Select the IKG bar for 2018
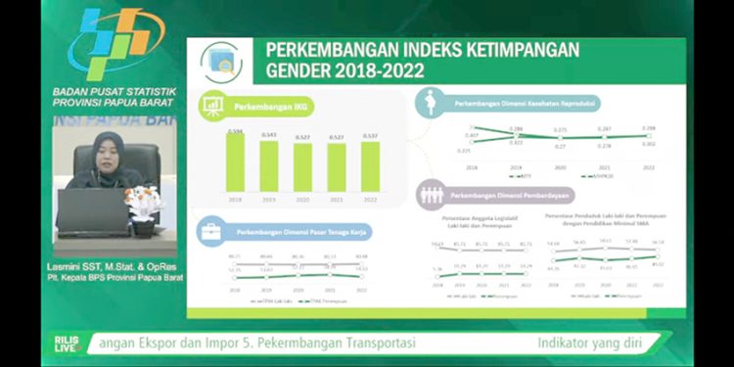(235, 162)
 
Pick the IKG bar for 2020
(302, 167)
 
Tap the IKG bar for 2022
(369, 166)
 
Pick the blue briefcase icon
(209, 232)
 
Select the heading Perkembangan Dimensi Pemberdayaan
(507, 194)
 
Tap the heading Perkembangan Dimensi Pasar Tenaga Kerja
(288, 233)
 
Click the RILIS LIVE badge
(67, 344)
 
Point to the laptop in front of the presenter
(92, 210)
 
